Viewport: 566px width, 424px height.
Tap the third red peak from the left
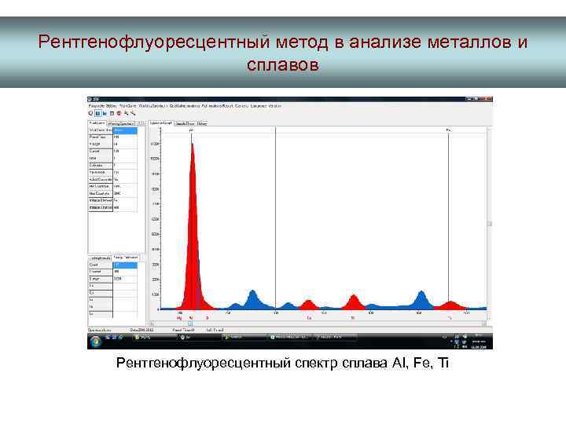[x=353, y=302]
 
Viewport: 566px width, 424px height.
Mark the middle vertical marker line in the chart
[x=275, y=220]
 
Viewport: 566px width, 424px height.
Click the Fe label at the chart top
[x=448, y=130]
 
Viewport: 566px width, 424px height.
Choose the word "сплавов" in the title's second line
[x=282, y=64]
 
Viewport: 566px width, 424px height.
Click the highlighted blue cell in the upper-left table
[x=125, y=130]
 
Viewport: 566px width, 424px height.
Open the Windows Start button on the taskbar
[x=90, y=338]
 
